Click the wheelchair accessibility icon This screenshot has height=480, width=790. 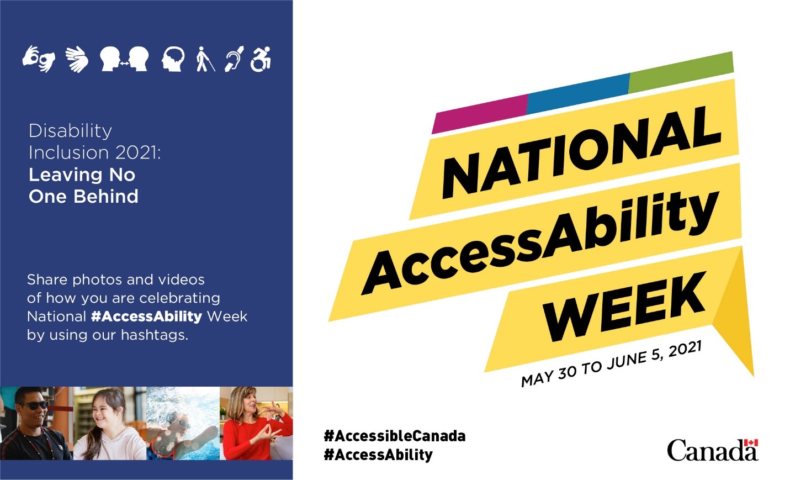coord(261,59)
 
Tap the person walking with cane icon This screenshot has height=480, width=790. coord(205,59)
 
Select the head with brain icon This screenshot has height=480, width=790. coord(173,59)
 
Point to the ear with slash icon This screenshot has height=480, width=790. coord(234,59)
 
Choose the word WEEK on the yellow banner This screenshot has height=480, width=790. coord(624,307)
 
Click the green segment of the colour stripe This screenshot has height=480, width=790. coord(681,72)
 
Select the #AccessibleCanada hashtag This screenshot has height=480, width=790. coord(395,436)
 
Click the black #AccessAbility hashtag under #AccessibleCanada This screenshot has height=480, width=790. coord(378,455)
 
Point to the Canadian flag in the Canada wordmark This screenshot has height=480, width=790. coord(751,443)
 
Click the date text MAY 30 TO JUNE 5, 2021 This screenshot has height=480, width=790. coord(612,364)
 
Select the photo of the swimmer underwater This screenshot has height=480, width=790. coord(183,423)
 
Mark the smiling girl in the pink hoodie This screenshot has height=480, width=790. coord(109,423)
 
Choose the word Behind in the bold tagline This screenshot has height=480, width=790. coord(106,196)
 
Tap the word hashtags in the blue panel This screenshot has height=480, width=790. coord(155,335)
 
